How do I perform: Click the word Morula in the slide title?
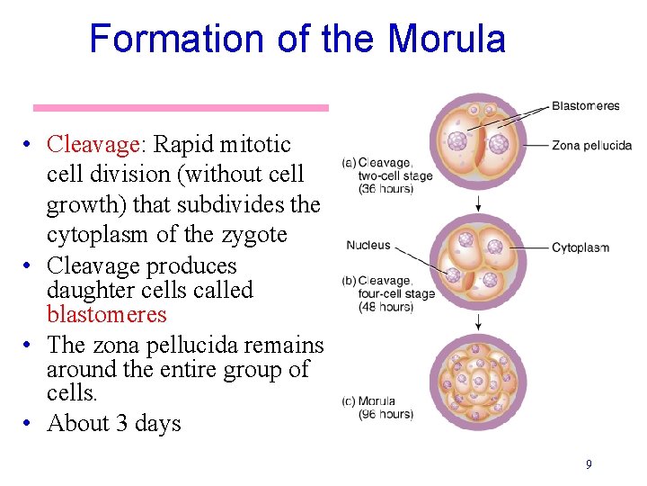click(447, 40)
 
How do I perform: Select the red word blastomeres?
click(107, 314)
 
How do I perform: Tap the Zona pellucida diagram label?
click(591, 145)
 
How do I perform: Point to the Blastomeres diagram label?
click(585, 105)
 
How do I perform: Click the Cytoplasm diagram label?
click(580, 247)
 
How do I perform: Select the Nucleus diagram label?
click(368, 245)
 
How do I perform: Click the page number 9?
click(589, 464)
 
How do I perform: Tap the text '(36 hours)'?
click(386, 189)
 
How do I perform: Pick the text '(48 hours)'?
click(386, 307)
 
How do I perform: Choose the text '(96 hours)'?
click(386, 415)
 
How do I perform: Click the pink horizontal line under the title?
click(181, 108)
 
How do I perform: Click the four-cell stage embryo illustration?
click(478, 261)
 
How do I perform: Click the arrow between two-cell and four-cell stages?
click(478, 203)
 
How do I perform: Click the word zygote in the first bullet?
click(256, 235)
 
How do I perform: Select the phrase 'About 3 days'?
click(114, 423)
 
